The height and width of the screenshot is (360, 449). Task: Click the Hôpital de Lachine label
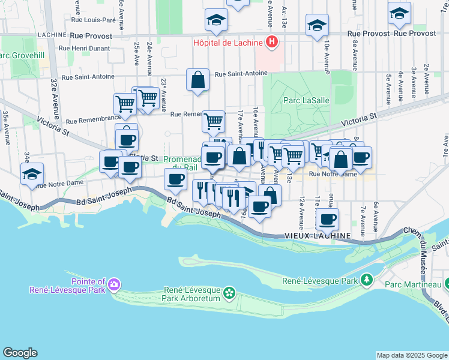229,43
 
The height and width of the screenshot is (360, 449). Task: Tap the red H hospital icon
273,43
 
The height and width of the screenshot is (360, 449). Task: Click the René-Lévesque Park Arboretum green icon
229,293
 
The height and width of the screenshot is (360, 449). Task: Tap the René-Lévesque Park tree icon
367,280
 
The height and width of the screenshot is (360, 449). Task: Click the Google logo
20,353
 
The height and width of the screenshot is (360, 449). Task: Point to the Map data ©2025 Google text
411,355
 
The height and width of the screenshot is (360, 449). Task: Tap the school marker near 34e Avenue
32,174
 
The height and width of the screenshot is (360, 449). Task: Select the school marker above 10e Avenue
317,26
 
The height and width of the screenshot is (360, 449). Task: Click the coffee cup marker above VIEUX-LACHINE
327,220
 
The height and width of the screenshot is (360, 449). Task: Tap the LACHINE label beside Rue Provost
50,35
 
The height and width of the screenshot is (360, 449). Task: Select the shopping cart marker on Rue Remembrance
213,121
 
